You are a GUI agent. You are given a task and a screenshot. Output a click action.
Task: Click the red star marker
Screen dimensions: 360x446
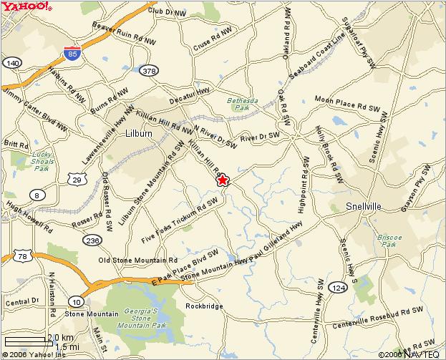tap(222, 180)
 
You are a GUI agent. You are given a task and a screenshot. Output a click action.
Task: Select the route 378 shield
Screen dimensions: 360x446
tap(149, 70)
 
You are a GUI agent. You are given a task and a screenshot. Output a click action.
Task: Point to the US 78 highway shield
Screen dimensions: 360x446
tap(24, 257)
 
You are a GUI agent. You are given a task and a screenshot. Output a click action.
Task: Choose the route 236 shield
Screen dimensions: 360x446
tap(91, 240)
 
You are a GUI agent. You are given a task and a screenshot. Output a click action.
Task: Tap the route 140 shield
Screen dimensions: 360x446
tap(11, 64)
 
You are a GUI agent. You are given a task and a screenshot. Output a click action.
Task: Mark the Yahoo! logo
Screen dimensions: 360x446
tap(26, 6)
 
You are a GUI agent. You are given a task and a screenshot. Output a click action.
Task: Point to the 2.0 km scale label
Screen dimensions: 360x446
tap(60, 337)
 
